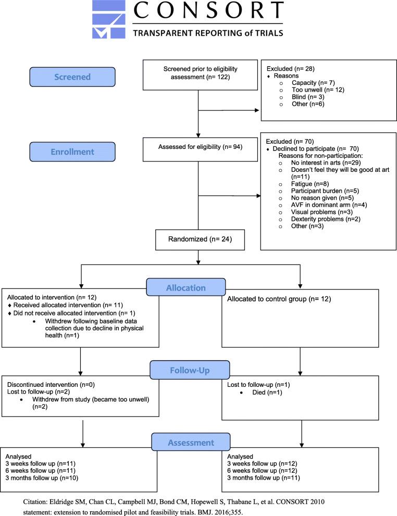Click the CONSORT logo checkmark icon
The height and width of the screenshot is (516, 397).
coord(107,20)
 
